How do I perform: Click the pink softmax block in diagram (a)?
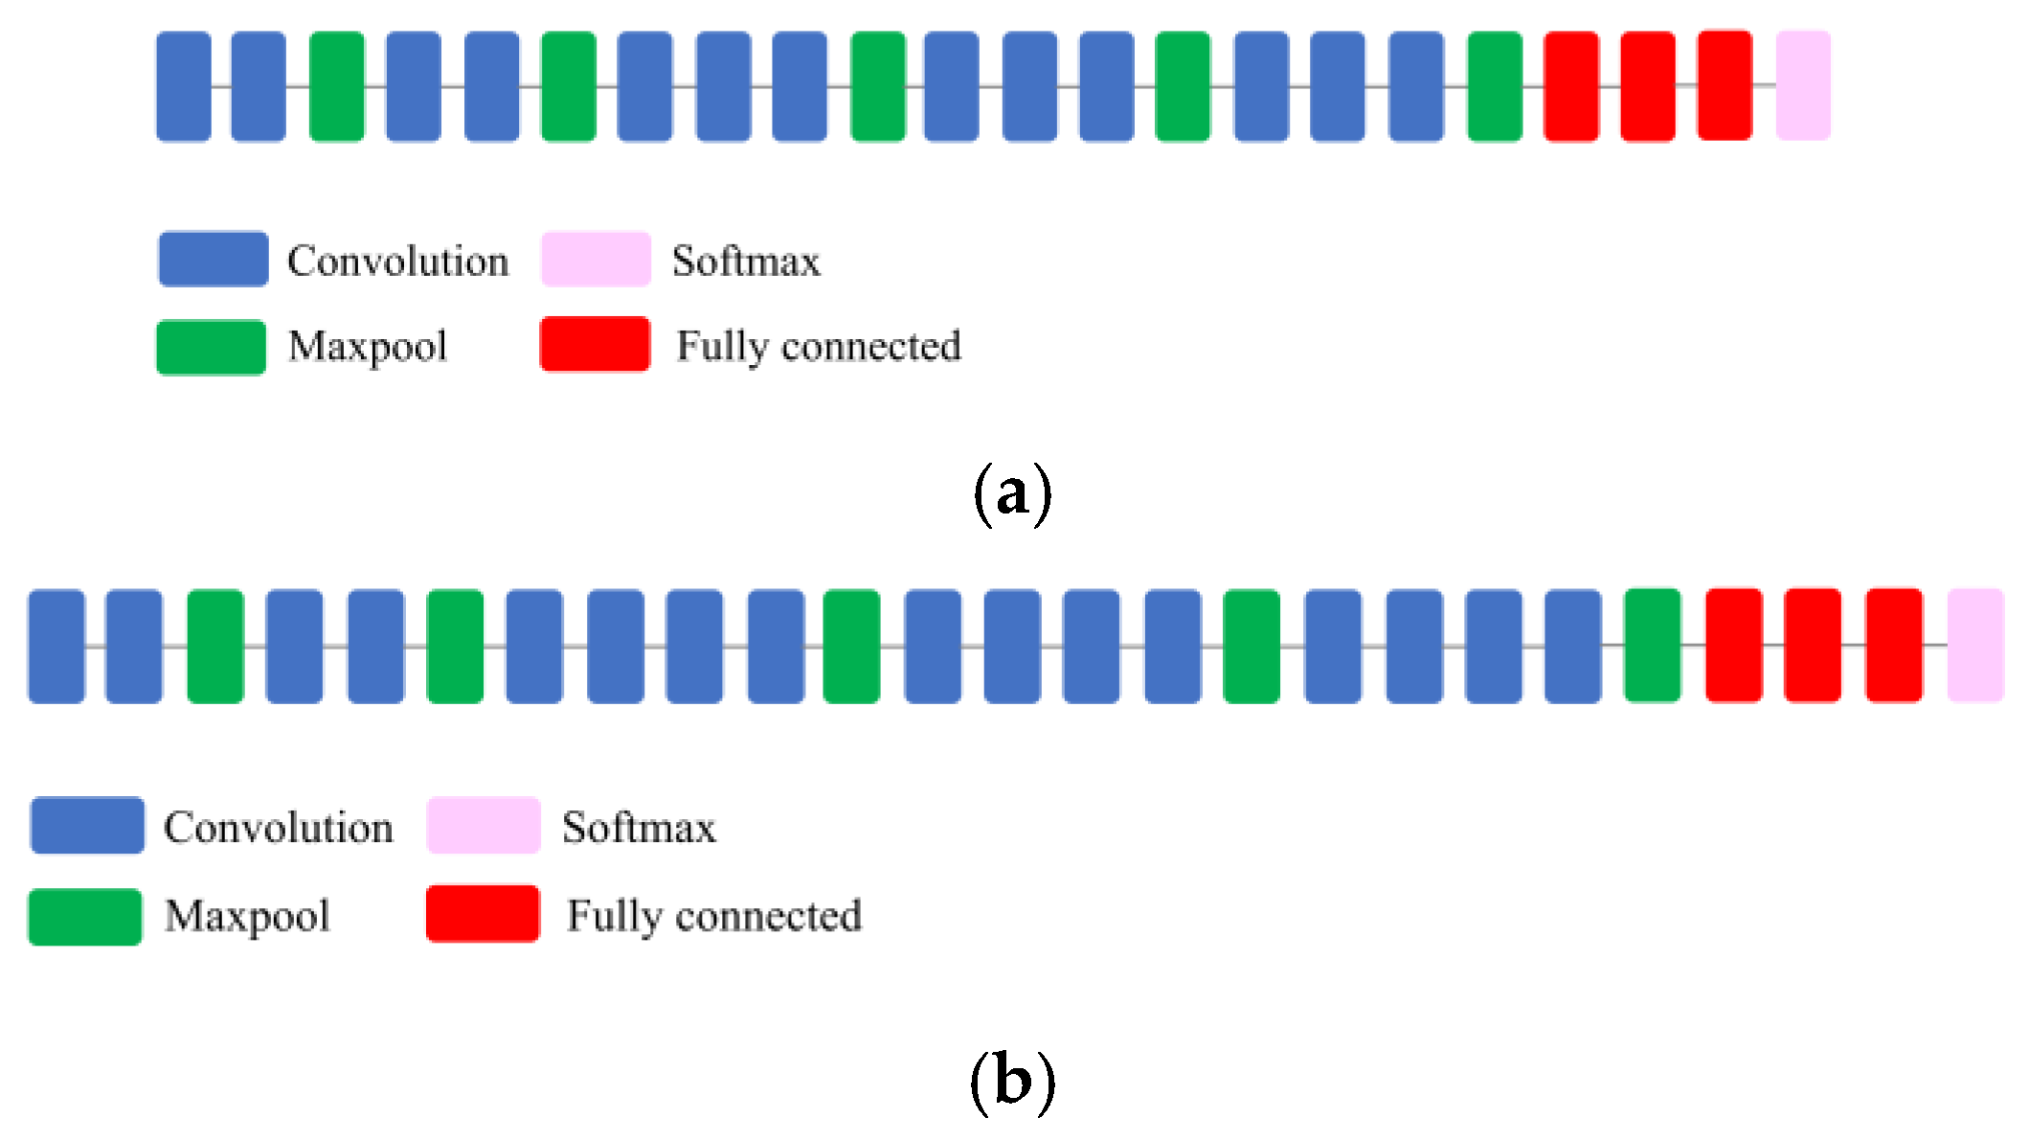pyautogui.click(x=1803, y=85)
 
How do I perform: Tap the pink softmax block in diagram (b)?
pyautogui.click(x=1974, y=646)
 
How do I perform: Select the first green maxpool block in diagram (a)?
pyautogui.click(x=337, y=86)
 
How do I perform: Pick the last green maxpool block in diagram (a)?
pyautogui.click(x=1495, y=86)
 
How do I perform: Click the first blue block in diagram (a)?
pyautogui.click(x=184, y=86)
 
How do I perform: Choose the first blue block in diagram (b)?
pyautogui.click(x=56, y=647)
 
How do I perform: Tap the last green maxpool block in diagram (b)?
pyautogui.click(x=1653, y=646)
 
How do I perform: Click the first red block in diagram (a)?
pyautogui.click(x=1571, y=86)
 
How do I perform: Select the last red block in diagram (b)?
pyautogui.click(x=1894, y=646)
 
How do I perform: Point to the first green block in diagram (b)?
pyautogui.click(x=215, y=647)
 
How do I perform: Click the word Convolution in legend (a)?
pyautogui.click(x=397, y=261)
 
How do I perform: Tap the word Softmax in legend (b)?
pyautogui.click(x=639, y=827)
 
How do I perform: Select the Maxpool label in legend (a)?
pyautogui.click(x=368, y=346)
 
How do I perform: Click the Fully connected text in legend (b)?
pyautogui.click(x=714, y=915)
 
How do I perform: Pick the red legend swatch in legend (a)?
pyautogui.click(x=595, y=344)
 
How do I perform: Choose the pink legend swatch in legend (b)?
pyautogui.click(x=484, y=825)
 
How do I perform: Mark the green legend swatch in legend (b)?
pyautogui.click(x=85, y=917)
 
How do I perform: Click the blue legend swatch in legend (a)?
pyautogui.click(x=214, y=259)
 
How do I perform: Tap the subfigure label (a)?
pyautogui.click(x=1012, y=493)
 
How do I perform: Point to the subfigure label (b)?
pyautogui.click(x=1012, y=1081)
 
